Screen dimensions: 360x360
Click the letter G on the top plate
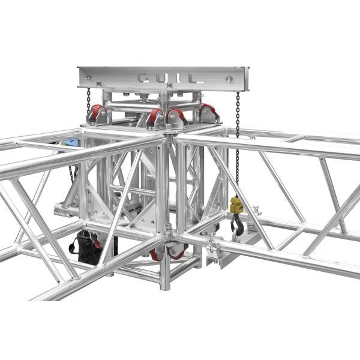coord(145,77)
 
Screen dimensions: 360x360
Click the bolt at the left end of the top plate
coord(88,77)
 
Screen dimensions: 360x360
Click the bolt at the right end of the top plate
coord(229,78)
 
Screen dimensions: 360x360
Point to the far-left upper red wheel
coord(97,112)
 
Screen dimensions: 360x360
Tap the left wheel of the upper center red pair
coord(155,116)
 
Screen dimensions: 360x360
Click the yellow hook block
coord(236,206)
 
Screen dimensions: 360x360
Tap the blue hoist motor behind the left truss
coord(71,143)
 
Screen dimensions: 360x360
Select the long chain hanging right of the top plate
coord(238,144)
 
